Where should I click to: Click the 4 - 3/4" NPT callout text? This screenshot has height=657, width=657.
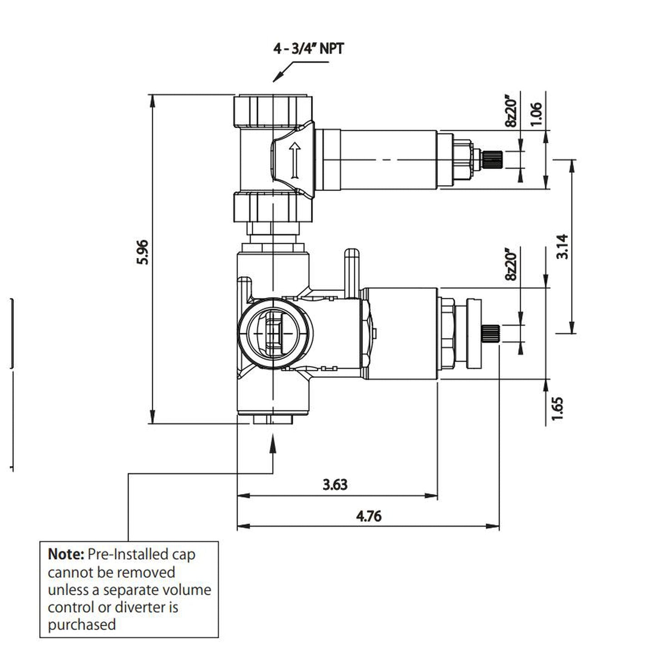coord(308,48)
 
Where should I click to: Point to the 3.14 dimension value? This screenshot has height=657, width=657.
coord(562,246)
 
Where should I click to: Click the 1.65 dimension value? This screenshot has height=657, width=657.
coord(558,408)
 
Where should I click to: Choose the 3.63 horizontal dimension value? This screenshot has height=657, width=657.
coord(335,485)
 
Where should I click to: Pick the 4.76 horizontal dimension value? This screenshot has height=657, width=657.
coord(369,517)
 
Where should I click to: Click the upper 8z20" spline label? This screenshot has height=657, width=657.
coord(511,111)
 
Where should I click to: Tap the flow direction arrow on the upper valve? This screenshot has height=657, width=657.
coord(295,160)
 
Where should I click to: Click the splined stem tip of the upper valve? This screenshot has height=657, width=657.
coord(491,160)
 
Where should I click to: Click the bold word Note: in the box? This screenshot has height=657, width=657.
coord(66,554)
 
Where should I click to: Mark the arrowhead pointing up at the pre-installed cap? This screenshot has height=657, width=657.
coord(273,441)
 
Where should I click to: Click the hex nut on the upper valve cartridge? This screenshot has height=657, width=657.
coord(461,160)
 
